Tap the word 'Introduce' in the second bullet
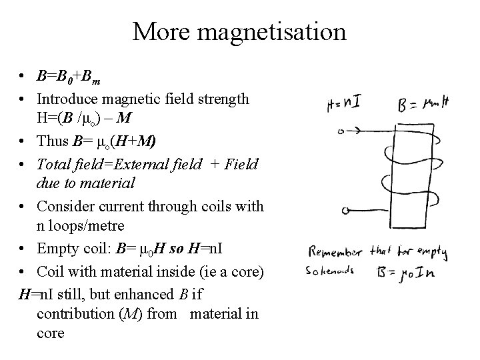pos(65,100)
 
